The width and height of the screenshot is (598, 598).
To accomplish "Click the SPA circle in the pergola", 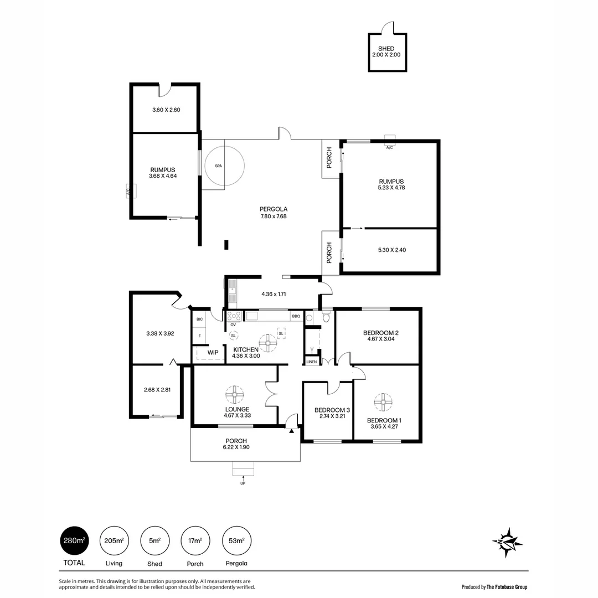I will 224,166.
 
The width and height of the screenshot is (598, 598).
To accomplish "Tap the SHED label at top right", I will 386,49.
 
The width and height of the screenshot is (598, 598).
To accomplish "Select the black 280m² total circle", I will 74,540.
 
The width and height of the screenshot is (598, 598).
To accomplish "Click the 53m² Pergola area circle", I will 236,540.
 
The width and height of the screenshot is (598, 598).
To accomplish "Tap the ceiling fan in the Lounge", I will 235,395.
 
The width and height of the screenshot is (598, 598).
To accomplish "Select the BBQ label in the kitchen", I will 296,317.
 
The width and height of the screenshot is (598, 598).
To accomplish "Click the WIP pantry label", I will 213,352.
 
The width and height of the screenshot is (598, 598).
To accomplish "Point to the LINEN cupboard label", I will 312,362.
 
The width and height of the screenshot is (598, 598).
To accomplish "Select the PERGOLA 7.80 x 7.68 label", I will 274,213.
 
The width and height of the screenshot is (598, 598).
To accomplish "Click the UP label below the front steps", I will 243,483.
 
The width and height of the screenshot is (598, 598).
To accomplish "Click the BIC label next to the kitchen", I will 199,319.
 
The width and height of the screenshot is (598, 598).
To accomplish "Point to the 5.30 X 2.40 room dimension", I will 392,250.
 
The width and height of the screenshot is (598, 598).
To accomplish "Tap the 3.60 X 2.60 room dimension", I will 166,110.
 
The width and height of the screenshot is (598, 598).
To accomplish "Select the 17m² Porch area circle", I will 195,540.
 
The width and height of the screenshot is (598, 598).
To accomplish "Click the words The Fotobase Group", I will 507,587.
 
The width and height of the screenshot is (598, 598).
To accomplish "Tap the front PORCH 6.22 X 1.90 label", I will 236,444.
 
